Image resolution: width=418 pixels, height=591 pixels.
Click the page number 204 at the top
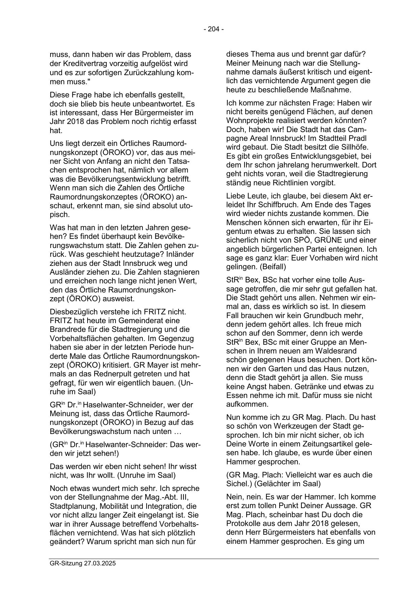[x=214, y=29]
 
